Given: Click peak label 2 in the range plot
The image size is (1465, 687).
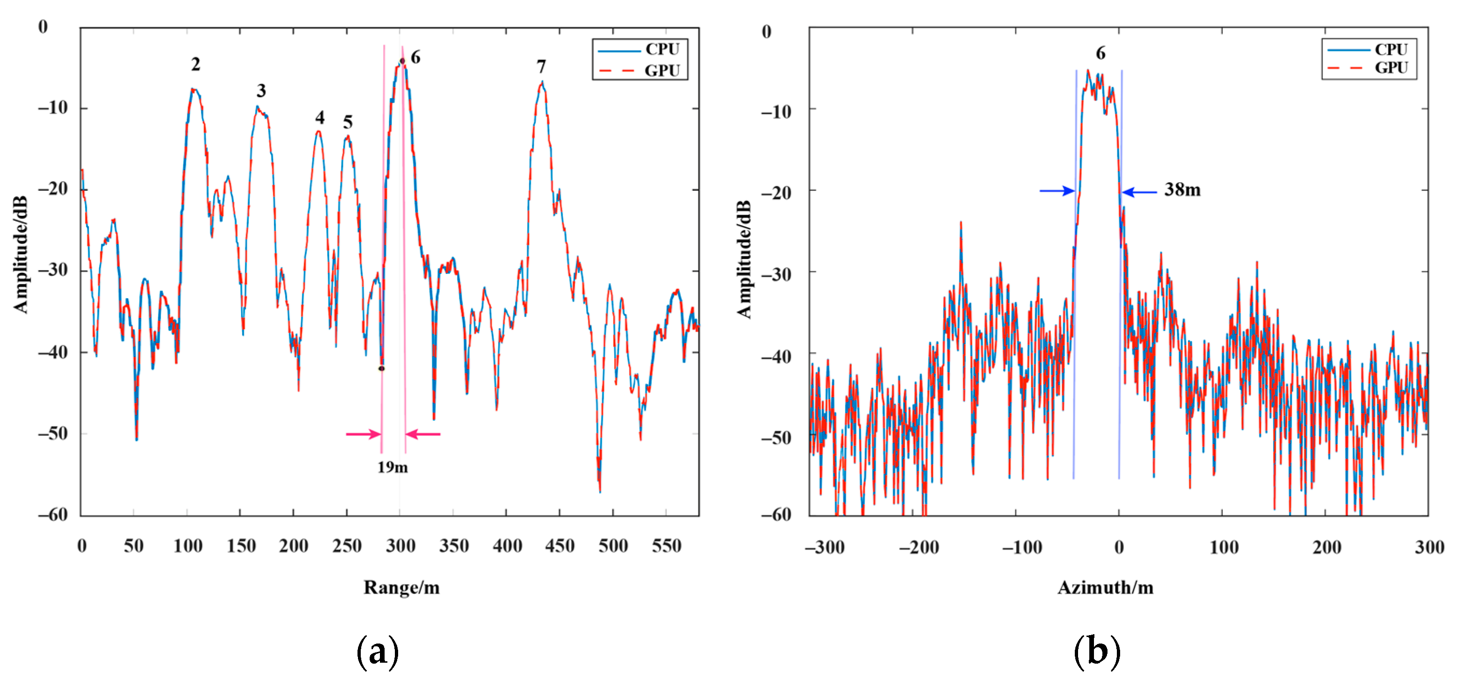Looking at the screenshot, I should (196, 64).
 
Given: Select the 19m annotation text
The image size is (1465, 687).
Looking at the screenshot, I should (393, 467).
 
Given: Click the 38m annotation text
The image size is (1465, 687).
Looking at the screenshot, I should (1182, 189).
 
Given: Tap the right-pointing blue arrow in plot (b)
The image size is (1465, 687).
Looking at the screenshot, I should (1057, 191).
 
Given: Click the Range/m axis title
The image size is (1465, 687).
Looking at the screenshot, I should (401, 587).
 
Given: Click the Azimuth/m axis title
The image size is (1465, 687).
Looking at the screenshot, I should (1105, 587).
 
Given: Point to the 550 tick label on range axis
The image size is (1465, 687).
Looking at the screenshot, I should (666, 546).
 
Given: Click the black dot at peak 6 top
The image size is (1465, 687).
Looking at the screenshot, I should (402, 61).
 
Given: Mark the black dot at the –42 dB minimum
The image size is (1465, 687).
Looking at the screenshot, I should (382, 369).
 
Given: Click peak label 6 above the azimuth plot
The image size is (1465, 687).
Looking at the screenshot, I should (1101, 53).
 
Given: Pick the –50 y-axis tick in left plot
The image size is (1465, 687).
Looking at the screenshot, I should (53, 433).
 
